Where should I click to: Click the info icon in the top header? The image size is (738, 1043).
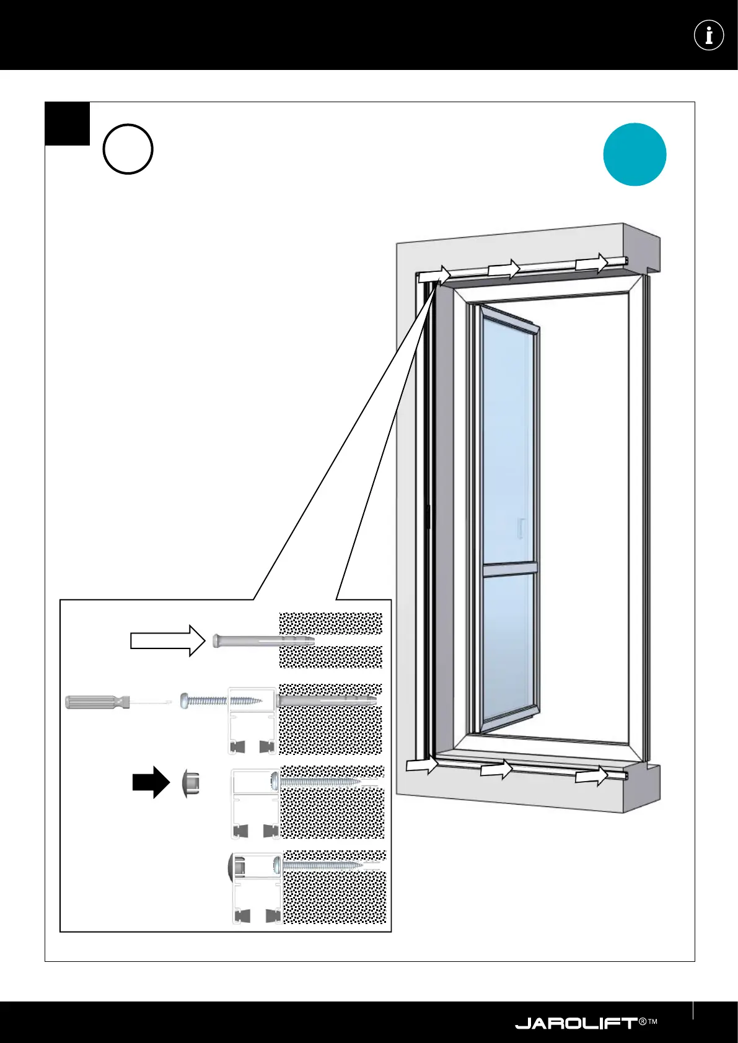[709, 35]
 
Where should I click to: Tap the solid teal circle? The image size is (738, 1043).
[635, 154]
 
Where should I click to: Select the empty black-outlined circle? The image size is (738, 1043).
[128, 149]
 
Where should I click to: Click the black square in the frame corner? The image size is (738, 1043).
[67, 123]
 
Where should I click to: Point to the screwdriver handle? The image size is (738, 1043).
[97, 702]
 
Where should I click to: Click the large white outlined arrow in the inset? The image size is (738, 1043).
[167, 640]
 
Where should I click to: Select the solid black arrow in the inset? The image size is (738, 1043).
[151, 783]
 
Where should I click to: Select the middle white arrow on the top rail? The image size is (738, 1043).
[503, 269]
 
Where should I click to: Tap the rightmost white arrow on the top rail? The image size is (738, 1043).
[592, 263]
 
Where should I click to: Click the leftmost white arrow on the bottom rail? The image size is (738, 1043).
[422, 765]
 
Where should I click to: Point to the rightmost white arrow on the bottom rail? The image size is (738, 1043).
[591, 775]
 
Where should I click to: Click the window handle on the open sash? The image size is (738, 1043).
[522, 527]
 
